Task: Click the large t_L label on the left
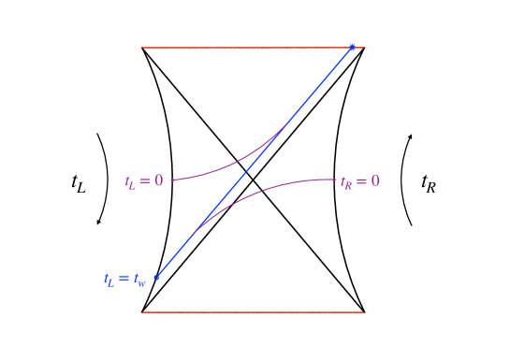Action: [x=78, y=183]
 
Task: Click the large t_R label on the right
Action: [x=429, y=183]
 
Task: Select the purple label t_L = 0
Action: [x=144, y=180]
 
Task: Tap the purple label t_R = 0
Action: [x=360, y=180]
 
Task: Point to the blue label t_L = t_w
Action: [x=125, y=279]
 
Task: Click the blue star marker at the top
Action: [x=352, y=47]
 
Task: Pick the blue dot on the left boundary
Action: [x=156, y=277]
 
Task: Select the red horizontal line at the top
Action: [x=243, y=47]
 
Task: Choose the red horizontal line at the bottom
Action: [x=253, y=311]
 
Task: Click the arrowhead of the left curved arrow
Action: [x=98, y=222]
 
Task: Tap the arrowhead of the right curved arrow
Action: [x=410, y=137]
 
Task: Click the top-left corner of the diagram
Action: [x=142, y=48]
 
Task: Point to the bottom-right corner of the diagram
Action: [x=364, y=311]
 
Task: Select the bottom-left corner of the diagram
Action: [x=142, y=311]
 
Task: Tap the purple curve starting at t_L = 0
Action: [x=225, y=168]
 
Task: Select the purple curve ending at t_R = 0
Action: [x=281, y=182]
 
